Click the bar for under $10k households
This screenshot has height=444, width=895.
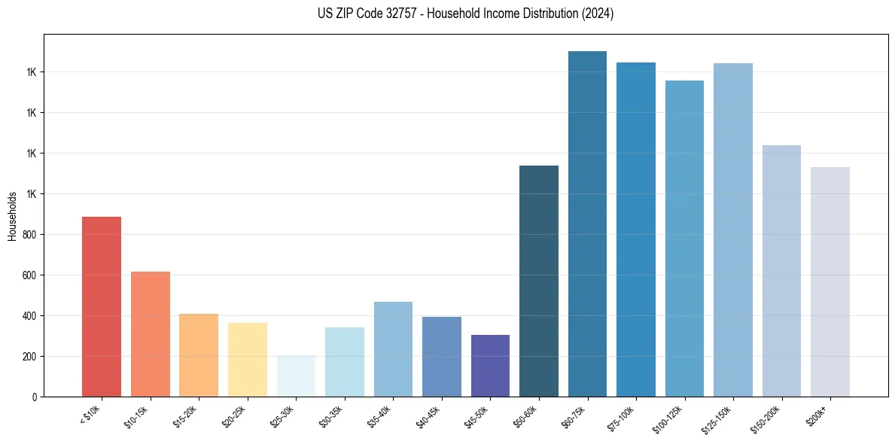(102, 306)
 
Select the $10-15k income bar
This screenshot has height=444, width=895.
(151, 334)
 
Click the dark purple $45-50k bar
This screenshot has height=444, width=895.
(490, 366)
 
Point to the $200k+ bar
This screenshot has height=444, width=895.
(830, 281)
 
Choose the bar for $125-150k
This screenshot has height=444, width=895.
(733, 230)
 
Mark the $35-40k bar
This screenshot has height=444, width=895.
(393, 349)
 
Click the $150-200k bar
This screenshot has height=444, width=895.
(781, 271)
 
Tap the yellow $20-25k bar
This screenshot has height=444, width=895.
(248, 360)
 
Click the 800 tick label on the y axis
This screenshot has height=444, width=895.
(29, 235)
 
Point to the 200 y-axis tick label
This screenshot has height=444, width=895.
(29, 357)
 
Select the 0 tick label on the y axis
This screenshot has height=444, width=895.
(34, 397)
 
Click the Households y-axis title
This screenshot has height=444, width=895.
(12, 215)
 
